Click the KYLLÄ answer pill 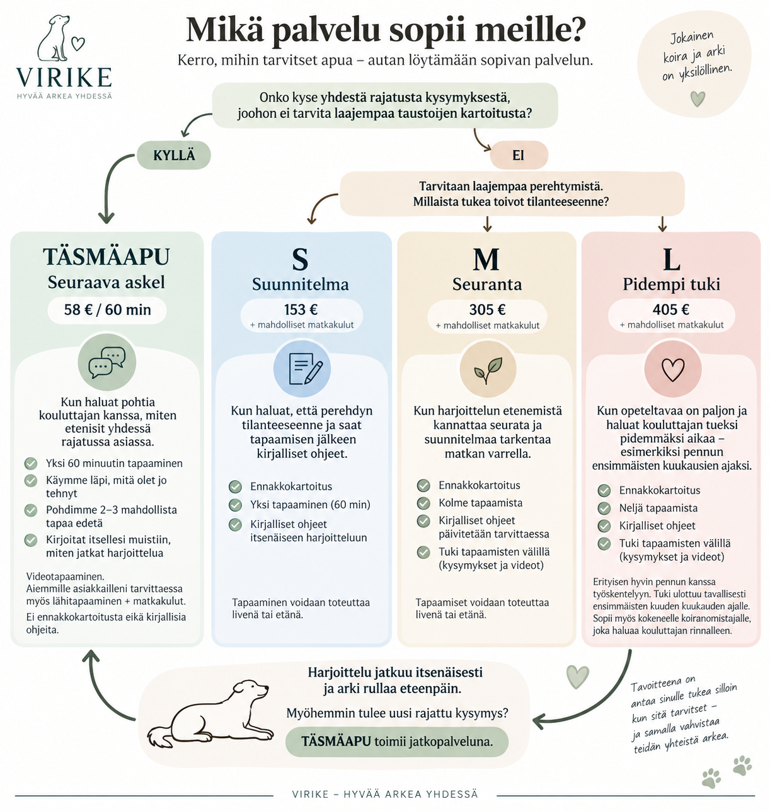pyautogui.click(x=174, y=155)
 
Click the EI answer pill pyautogui.click(x=519, y=155)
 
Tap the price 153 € pyautogui.click(x=301, y=309)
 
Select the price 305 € pyautogui.click(x=487, y=309)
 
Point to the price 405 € pyautogui.click(x=671, y=309)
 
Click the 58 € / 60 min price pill pyautogui.click(x=107, y=310)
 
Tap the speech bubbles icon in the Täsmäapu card pyautogui.click(x=107, y=362)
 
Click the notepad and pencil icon pyautogui.click(x=302, y=369)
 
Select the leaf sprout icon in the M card pyautogui.click(x=488, y=369)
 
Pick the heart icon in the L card pyautogui.click(x=673, y=369)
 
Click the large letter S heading pyautogui.click(x=300, y=260)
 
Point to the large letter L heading pyautogui.click(x=671, y=260)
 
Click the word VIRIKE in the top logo pyautogui.click(x=64, y=78)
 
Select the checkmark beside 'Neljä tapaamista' pyautogui.click(x=604, y=509)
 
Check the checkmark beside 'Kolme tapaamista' pyautogui.click(x=423, y=503)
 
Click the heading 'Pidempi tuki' pyautogui.click(x=671, y=284)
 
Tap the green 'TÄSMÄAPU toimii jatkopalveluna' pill pyautogui.click(x=396, y=742)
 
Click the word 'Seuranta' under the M pyautogui.click(x=487, y=284)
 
